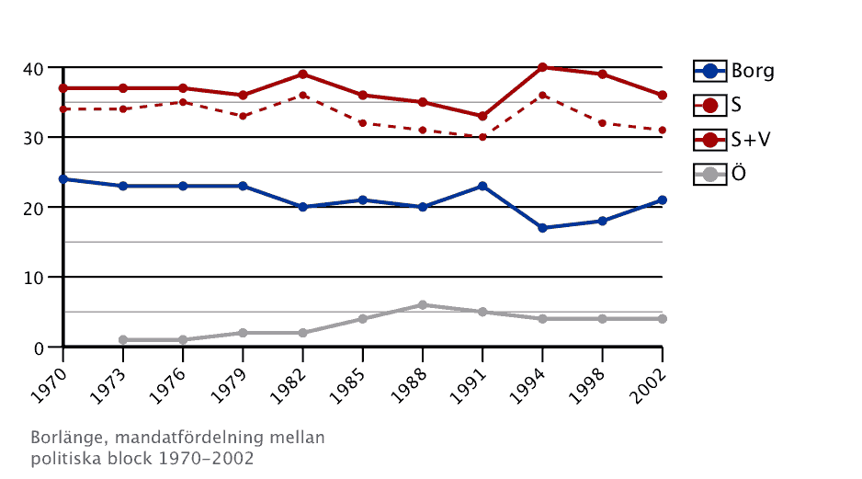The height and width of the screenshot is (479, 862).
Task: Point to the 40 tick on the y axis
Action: tap(33, 68)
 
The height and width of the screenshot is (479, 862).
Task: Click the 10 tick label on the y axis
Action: tap(33, 278)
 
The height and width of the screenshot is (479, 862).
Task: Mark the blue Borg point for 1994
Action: tap(542, 228)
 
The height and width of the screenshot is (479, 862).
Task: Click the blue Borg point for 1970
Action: tap(62, 179)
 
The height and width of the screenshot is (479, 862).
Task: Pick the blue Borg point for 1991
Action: tap(482, 187)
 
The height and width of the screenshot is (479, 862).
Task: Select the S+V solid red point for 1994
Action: tap(542, 67)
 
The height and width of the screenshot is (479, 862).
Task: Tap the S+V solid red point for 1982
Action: tap(302, 74)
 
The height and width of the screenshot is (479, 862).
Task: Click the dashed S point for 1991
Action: tap(482, 137)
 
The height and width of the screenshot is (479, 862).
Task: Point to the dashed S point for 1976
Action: tap(183, 102)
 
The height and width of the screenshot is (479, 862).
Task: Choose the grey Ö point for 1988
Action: tap(423, 305)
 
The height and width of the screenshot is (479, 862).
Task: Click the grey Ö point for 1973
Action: tap(123, 340)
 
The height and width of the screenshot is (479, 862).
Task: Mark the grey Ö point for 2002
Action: tap(662, 319)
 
